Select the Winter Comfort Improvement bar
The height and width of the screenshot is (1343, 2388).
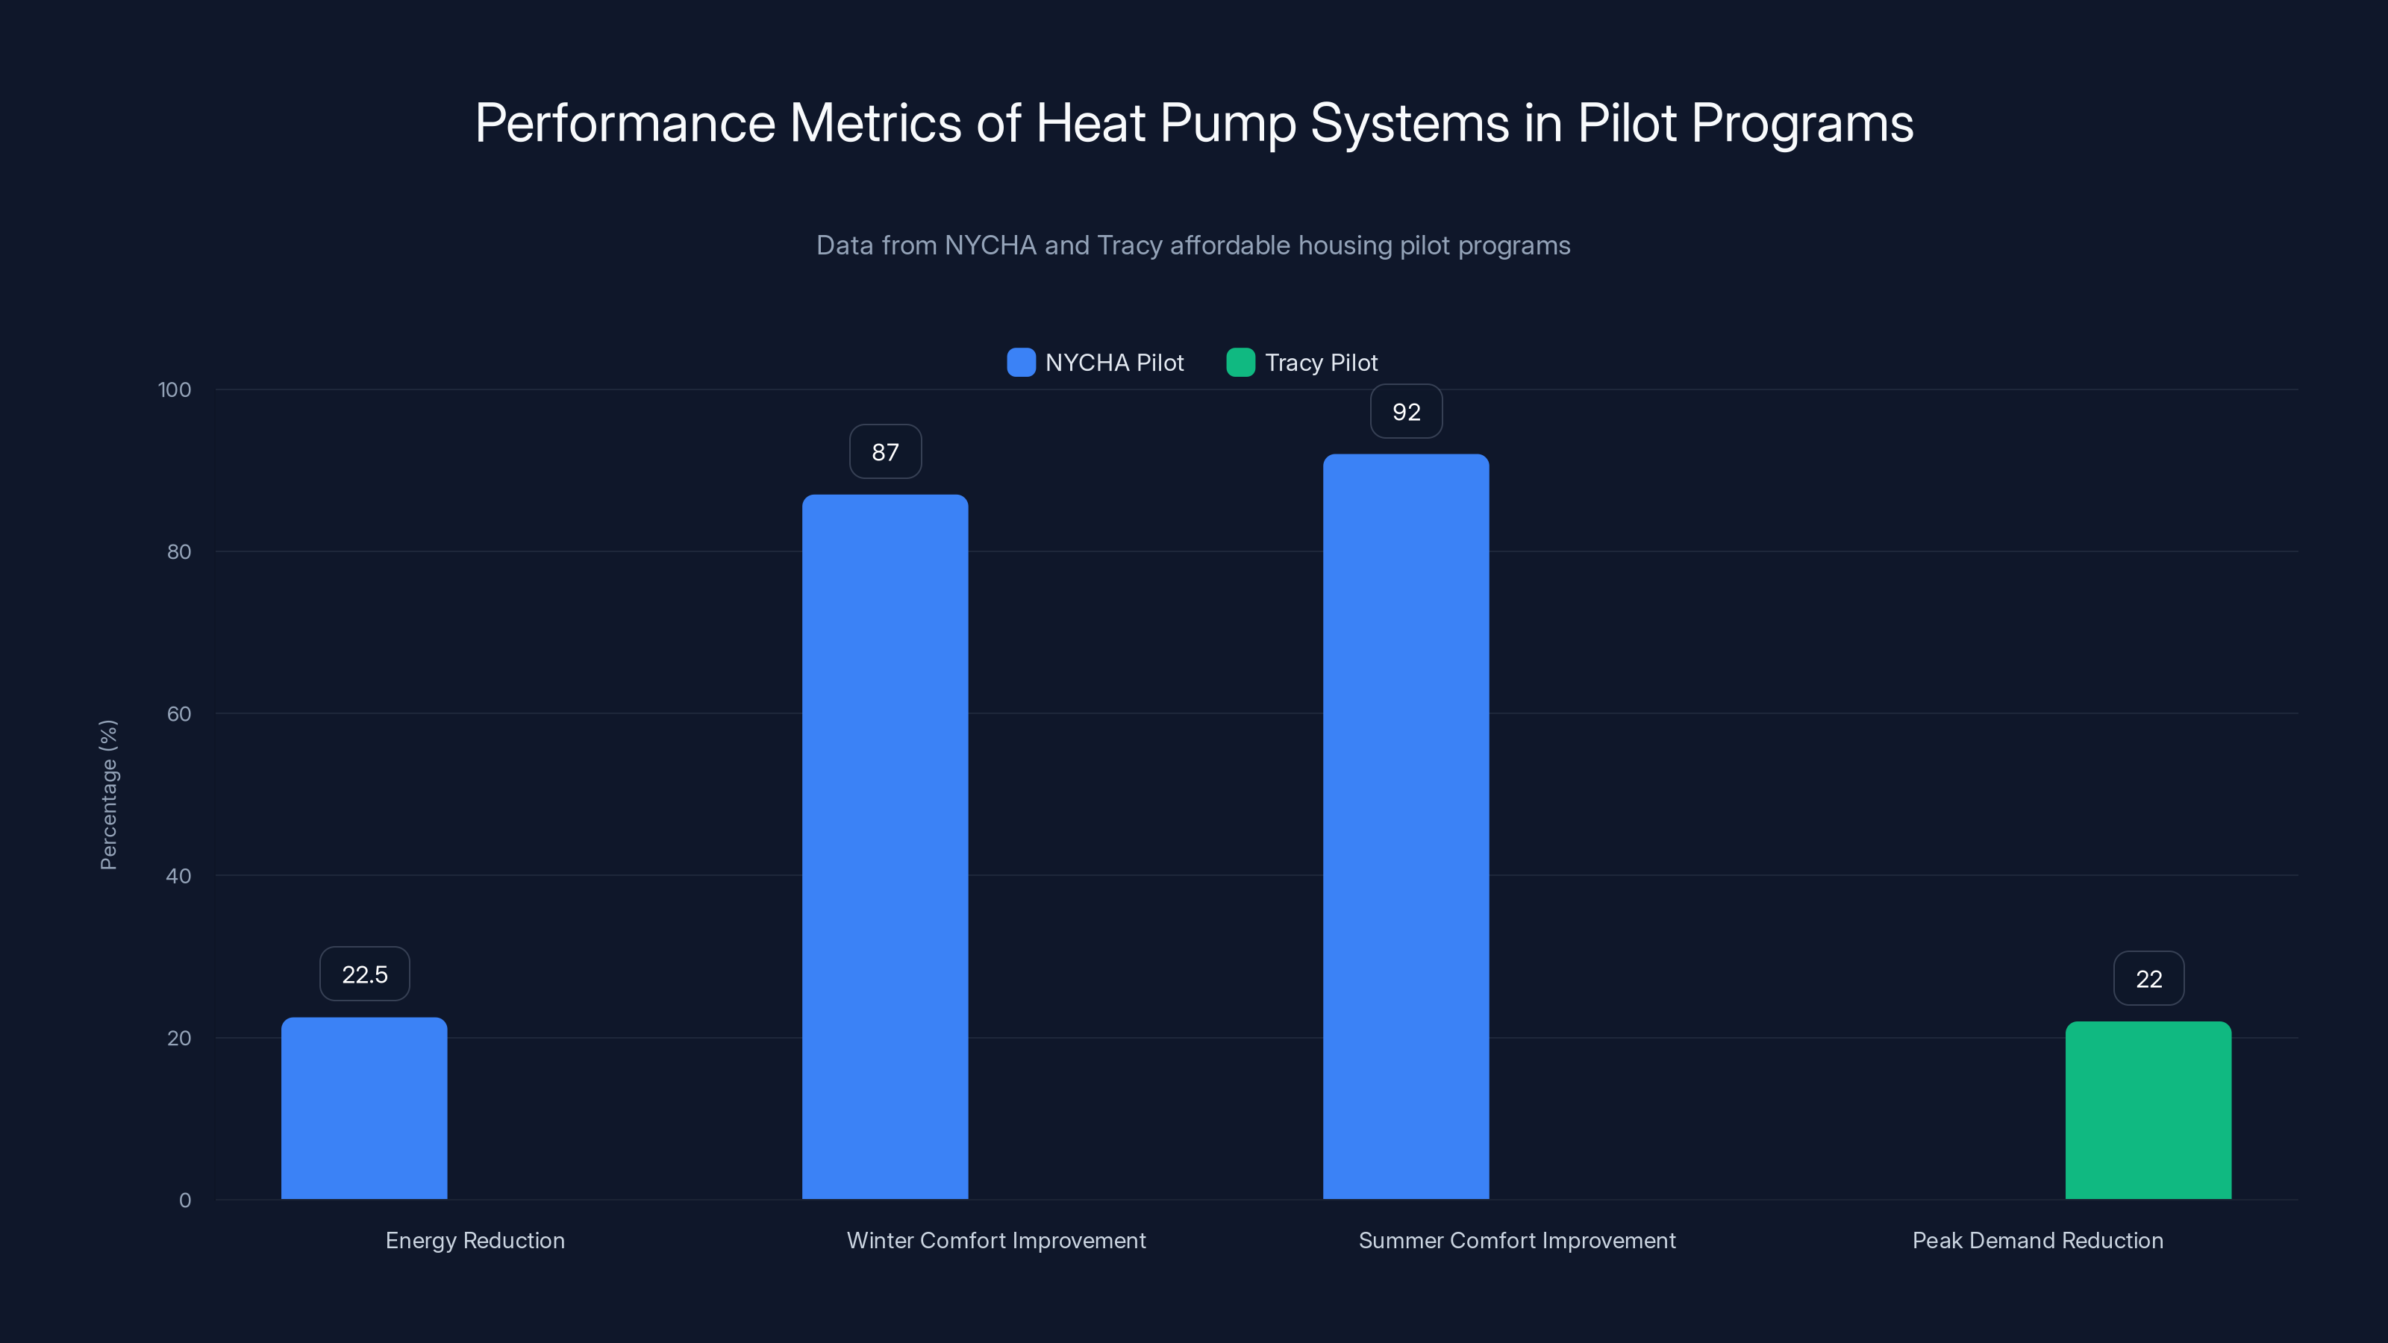point(884,846)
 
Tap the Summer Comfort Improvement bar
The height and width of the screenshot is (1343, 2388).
point(1405,826)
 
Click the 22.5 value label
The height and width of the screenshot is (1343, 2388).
point(364,974)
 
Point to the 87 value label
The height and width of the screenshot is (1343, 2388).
point(884,452)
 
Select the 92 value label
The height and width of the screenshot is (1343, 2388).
point(1405,412)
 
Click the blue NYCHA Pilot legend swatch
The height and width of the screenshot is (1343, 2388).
point(1021,363)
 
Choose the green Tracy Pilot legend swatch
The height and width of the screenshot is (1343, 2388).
point(1240,363)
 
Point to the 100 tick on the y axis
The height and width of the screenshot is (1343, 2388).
point(175,390)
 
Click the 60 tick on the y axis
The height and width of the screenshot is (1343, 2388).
point(178,714)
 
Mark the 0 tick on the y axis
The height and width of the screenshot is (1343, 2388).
point(184,1200)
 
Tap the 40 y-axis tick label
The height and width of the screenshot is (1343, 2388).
point(178,876)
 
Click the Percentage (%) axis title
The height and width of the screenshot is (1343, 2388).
point(108,795)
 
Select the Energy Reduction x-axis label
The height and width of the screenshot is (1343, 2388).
point(475,1240)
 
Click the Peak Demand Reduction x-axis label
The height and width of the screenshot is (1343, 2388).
point(2037,1240)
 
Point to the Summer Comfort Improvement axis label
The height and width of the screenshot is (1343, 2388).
point(1516,1240)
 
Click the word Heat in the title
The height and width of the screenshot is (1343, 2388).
point(1090,123)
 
